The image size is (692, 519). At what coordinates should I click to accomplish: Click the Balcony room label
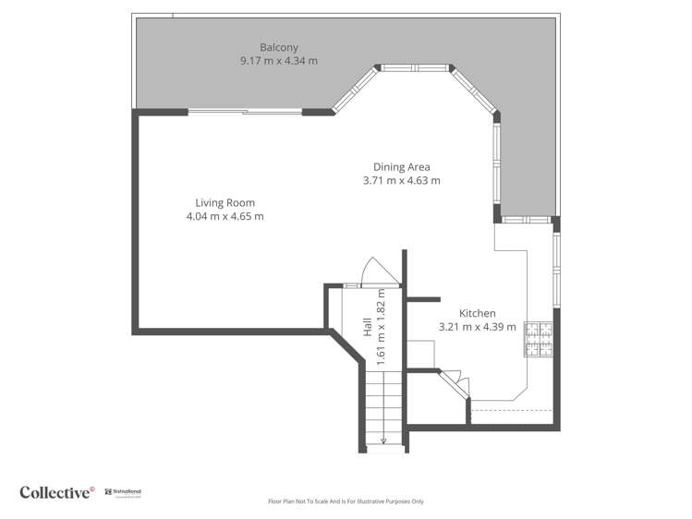tap(278, 47)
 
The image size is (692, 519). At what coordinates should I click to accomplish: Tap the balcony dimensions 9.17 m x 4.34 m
tap(278, 61)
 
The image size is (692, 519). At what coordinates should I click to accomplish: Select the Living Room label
tap(225, 203)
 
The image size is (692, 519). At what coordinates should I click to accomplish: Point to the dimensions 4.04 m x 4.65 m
tap(225, 217)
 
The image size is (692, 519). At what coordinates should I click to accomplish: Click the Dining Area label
tap(401, 167)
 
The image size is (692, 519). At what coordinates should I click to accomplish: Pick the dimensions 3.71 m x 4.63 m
tap(401, 181)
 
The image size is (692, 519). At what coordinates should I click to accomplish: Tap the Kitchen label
tap(477, 313)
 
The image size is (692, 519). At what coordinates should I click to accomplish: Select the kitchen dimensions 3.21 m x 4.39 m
tap(477, 327)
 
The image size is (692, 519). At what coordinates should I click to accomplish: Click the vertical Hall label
tap(368, 326)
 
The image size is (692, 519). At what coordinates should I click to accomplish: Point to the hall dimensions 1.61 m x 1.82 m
tap(381, 323)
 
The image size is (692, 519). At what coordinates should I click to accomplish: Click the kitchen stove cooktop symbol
tap(538, 339)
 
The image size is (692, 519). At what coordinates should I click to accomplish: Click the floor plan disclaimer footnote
tap(346, 501)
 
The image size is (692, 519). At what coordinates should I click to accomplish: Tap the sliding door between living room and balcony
tap(246, 112)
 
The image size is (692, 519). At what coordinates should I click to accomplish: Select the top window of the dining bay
tap(414, 67)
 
